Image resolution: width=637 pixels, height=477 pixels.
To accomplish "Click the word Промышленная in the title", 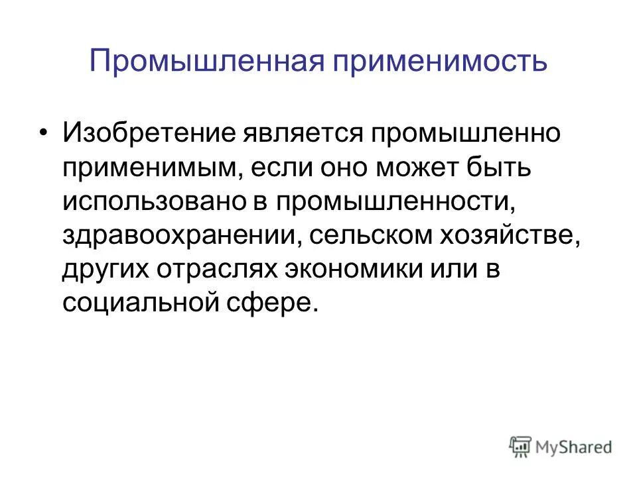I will click(206, 61).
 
